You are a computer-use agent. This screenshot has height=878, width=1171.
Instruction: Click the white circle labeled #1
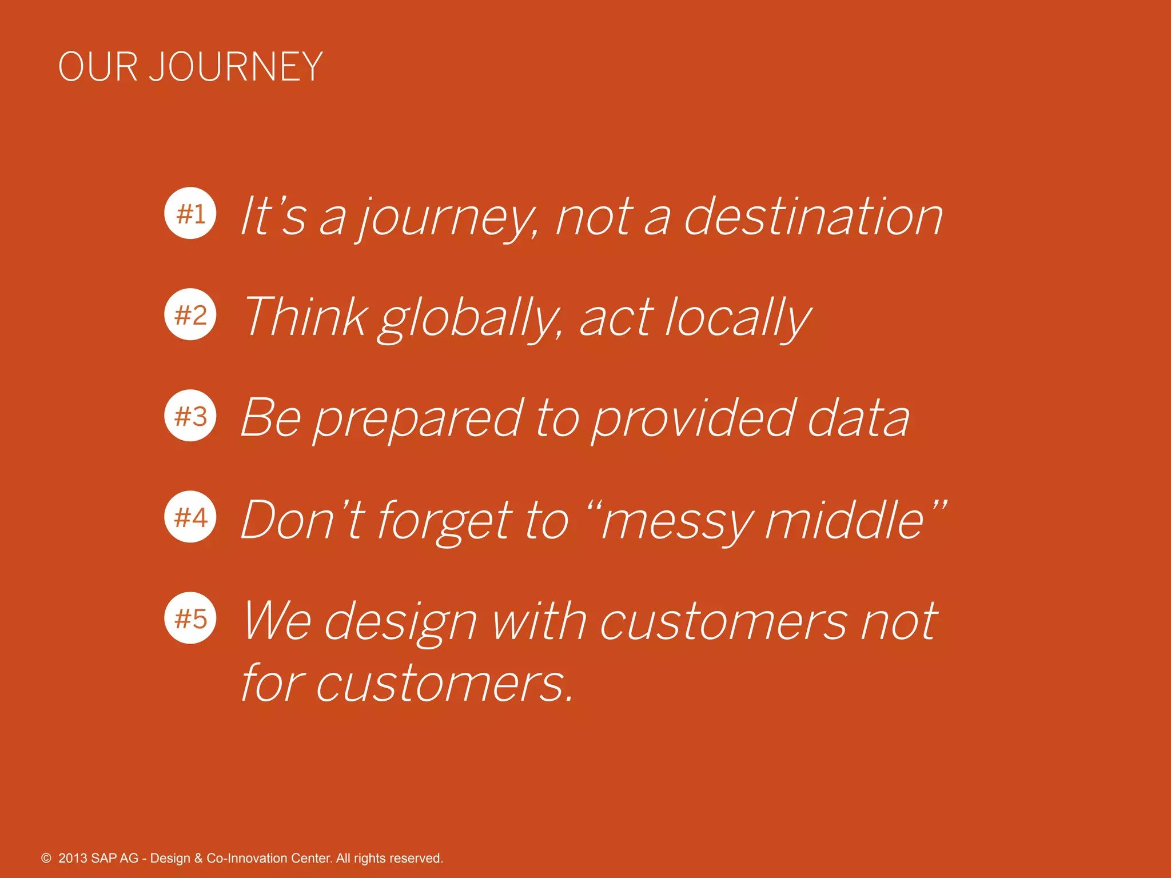point(190,213)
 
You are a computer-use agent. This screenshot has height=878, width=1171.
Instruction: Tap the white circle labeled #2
point(190,314)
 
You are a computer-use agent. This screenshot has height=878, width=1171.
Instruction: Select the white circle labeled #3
point(190,416)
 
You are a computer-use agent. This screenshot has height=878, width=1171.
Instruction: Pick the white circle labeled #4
point(190,517)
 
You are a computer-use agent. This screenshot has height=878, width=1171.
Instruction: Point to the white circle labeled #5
point(190,618)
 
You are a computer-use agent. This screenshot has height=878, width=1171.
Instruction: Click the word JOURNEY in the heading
point(236,67)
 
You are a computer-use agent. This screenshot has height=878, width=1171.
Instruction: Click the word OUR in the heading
point(98,67)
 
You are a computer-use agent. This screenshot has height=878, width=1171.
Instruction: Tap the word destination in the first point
point(813,217)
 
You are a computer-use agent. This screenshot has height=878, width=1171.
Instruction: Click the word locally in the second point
point(738,319)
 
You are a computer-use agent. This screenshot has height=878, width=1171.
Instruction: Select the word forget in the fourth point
point(445,521)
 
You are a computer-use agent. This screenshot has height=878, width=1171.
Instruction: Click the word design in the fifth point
point(400,623)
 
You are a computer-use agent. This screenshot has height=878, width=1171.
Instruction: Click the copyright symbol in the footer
point(46,858)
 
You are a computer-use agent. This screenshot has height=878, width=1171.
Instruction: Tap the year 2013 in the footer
point(73,858)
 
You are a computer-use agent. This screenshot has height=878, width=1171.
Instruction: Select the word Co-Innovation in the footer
point(247,858)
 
